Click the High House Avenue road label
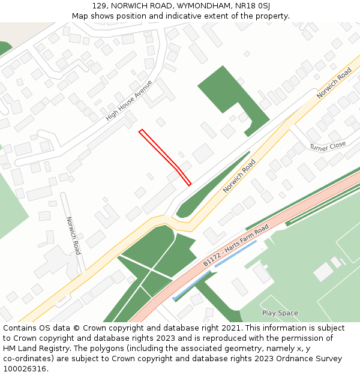(129, 100)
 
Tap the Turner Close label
(328, 146)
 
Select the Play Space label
(280, 313)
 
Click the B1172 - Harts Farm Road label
(236, 247)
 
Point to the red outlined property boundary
(164, 157)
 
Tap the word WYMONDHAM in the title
(202, 5)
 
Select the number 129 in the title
(100, 5)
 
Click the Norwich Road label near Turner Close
(334, 83)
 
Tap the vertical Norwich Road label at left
(73, 235)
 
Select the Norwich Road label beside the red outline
(239, 176)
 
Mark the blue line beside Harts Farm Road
(235, 254)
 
